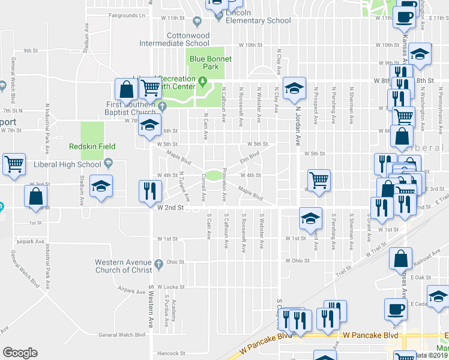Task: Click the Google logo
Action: [x=20, y=353]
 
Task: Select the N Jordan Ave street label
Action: [x=297, y=126]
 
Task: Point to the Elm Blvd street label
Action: [x=249, y=157]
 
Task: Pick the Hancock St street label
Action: [x=172, y=353]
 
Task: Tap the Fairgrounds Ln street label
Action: [x=127, y=16]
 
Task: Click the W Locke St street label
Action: [x=172, y=287]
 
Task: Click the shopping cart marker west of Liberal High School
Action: [x=14, y=164]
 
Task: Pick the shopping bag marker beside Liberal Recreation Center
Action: [x=127, y=90]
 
